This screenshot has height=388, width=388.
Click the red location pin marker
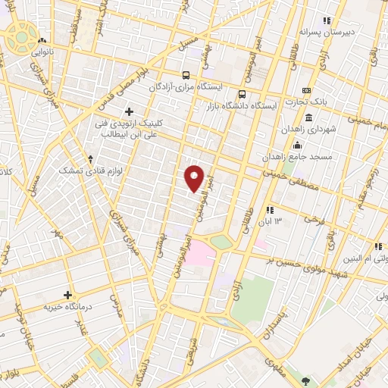(196, 177)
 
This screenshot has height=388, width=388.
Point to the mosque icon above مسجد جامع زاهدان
(297, 145)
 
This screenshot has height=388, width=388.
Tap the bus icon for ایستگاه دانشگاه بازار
(242, 95)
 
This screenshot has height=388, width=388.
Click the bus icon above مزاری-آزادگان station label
(186, 76)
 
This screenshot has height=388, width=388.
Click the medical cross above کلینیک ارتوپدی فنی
(130, 111)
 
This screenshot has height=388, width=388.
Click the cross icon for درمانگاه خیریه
(67, 295)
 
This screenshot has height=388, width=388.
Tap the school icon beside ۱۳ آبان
(268, 209)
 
